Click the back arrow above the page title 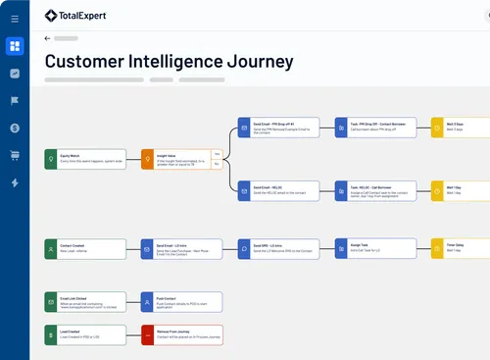[x=48, y=38]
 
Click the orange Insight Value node [x=181, y=159]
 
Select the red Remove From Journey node [x=181, y=334]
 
